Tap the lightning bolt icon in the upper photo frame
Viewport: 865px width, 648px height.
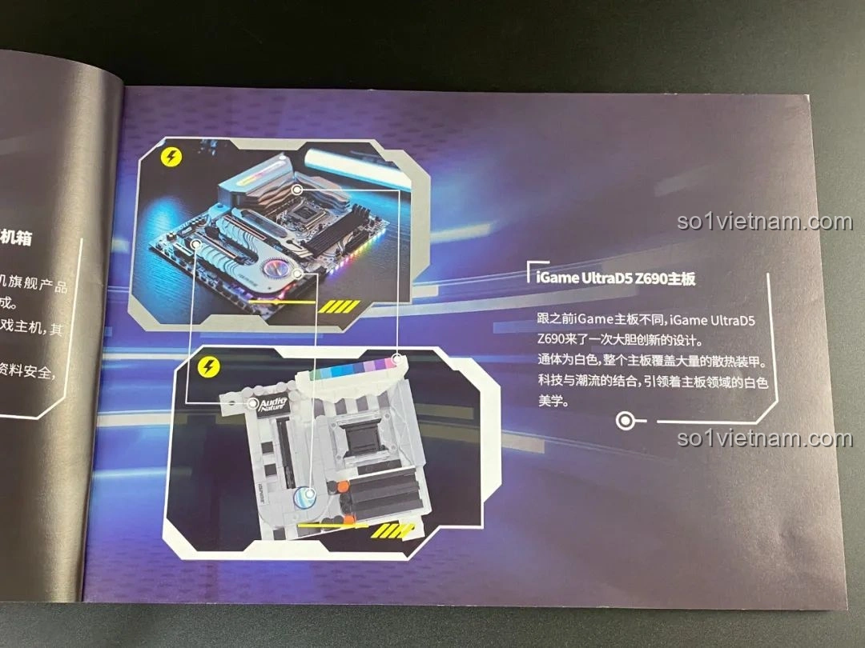click(171, 157)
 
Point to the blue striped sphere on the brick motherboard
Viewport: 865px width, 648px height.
click(305, 498)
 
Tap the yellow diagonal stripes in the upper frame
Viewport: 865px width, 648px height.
click(339, 305)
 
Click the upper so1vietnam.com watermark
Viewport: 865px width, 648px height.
click(764, 222)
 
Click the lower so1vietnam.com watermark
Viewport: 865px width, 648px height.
click(764, 438)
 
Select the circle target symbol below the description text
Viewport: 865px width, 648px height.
click(625, 420)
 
